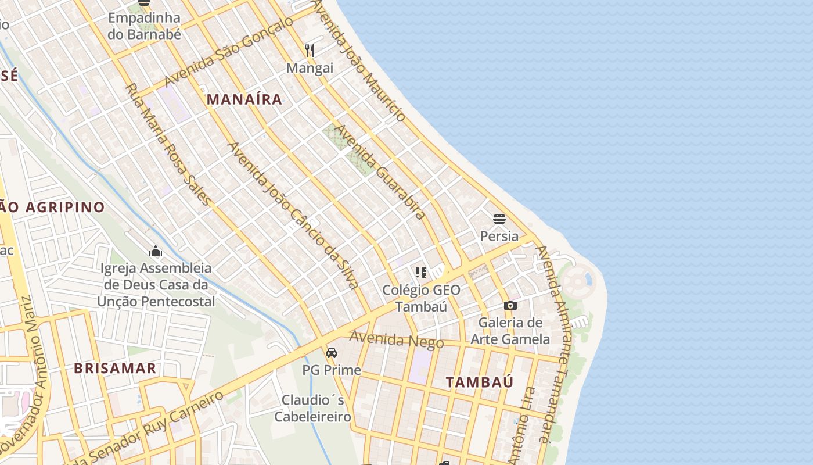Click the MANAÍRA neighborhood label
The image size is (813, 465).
244,99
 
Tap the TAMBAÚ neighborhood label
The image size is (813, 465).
480,382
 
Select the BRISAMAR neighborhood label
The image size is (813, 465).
115,368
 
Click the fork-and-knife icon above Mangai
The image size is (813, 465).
310,51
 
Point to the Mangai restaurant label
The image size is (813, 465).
310,68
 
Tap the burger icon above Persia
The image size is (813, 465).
499,219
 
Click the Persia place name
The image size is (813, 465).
499,236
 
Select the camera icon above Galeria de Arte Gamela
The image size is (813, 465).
510,305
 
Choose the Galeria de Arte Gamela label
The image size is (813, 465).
510,330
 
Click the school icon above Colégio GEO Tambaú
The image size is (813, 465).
421,272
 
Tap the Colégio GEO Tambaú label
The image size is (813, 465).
421,298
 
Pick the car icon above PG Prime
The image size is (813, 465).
332,353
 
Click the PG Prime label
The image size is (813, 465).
332,370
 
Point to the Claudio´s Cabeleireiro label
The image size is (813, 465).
312,408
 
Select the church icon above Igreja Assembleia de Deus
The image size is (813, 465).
156,251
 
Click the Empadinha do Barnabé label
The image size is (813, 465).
145,26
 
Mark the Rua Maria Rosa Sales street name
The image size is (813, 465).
168,144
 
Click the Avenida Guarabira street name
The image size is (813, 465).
380,172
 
